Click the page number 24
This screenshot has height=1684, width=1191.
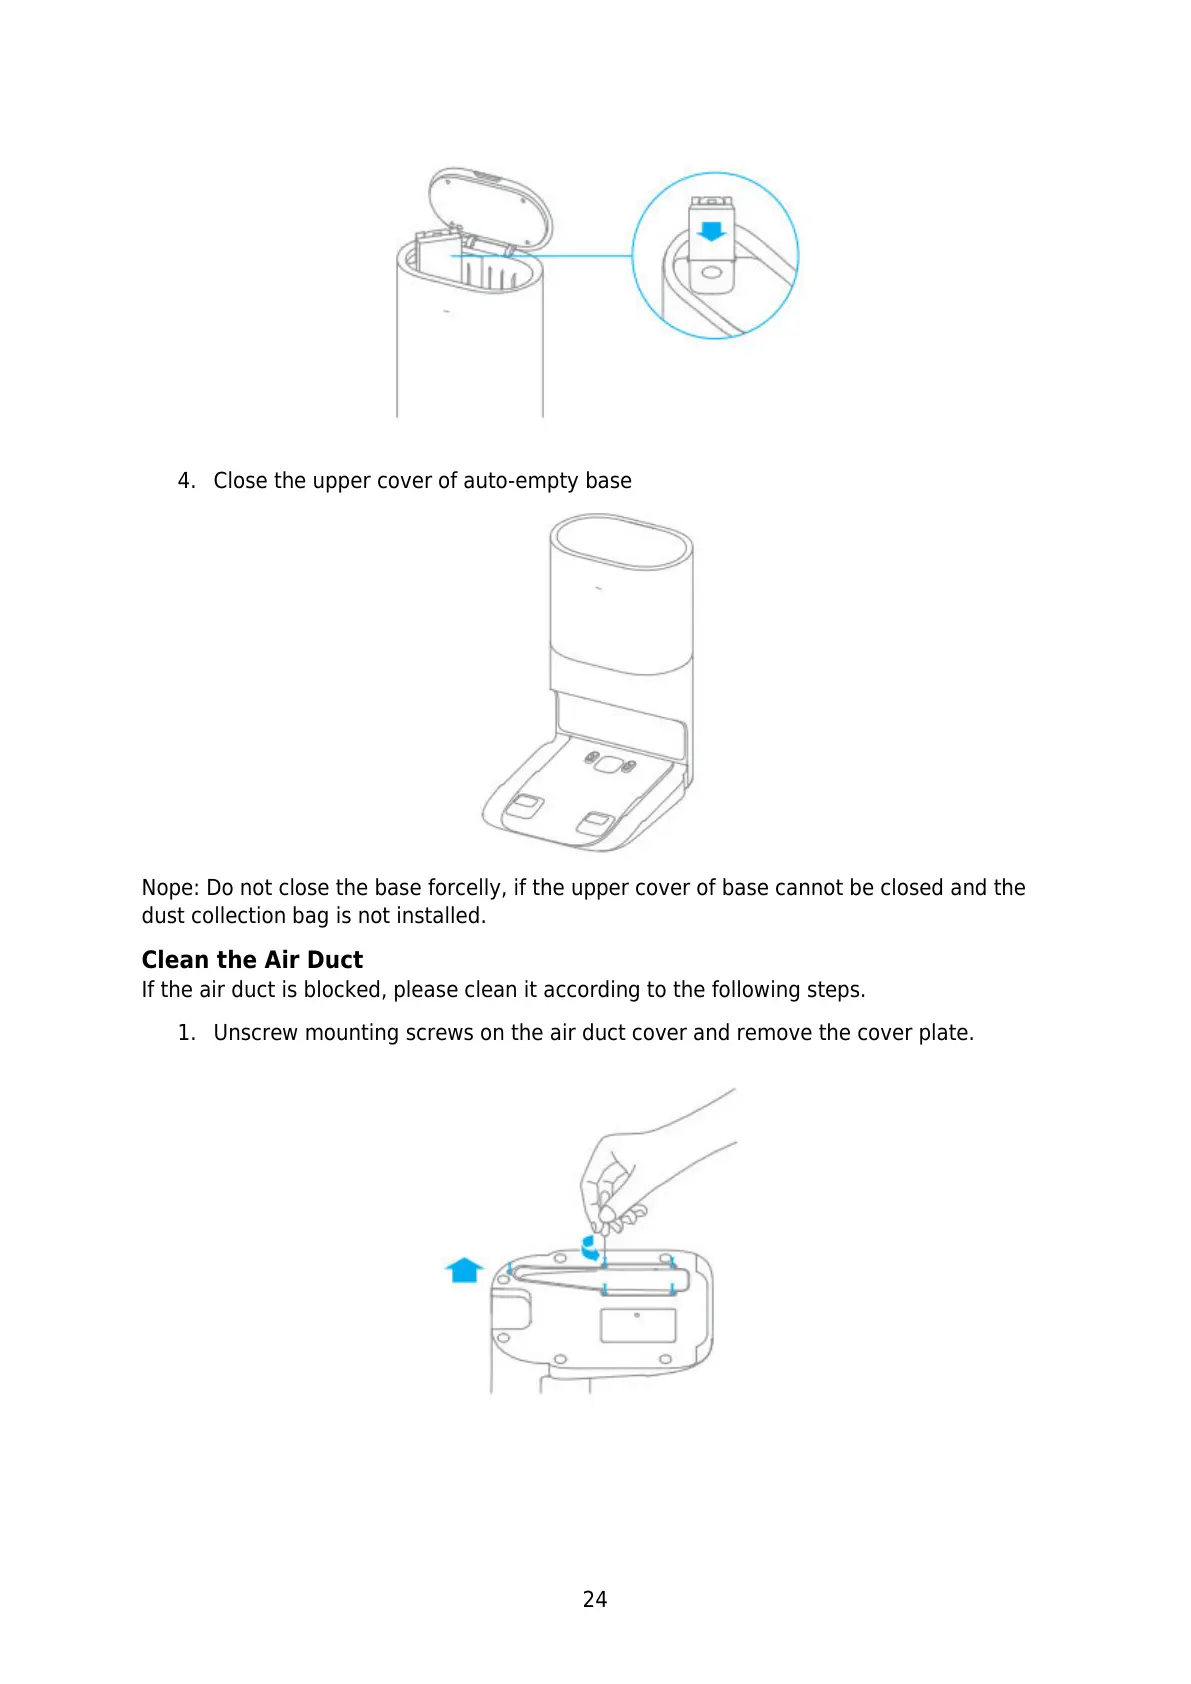594,1599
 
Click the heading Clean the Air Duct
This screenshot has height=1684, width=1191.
252,960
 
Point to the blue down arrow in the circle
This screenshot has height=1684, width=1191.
711,231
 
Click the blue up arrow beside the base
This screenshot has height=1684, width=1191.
464,1270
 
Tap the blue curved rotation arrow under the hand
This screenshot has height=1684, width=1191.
591,1247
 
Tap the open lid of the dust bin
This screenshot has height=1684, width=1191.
490,205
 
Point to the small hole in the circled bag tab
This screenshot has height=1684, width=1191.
711,273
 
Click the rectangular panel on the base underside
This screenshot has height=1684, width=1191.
637,1326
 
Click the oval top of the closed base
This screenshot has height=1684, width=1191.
621,545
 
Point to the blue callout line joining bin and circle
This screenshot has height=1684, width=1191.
560,256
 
